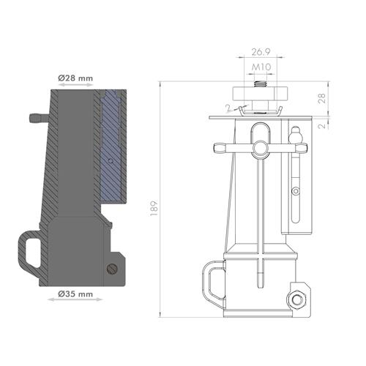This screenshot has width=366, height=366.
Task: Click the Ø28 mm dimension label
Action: (x=75, y=77)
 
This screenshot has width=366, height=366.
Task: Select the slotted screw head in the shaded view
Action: (x=111, y=270)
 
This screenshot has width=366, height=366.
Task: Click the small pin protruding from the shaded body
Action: (x=35, y=117)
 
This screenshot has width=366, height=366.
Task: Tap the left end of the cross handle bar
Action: (x=217, y=149)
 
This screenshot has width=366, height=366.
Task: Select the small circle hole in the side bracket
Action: (x=295, y=192)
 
